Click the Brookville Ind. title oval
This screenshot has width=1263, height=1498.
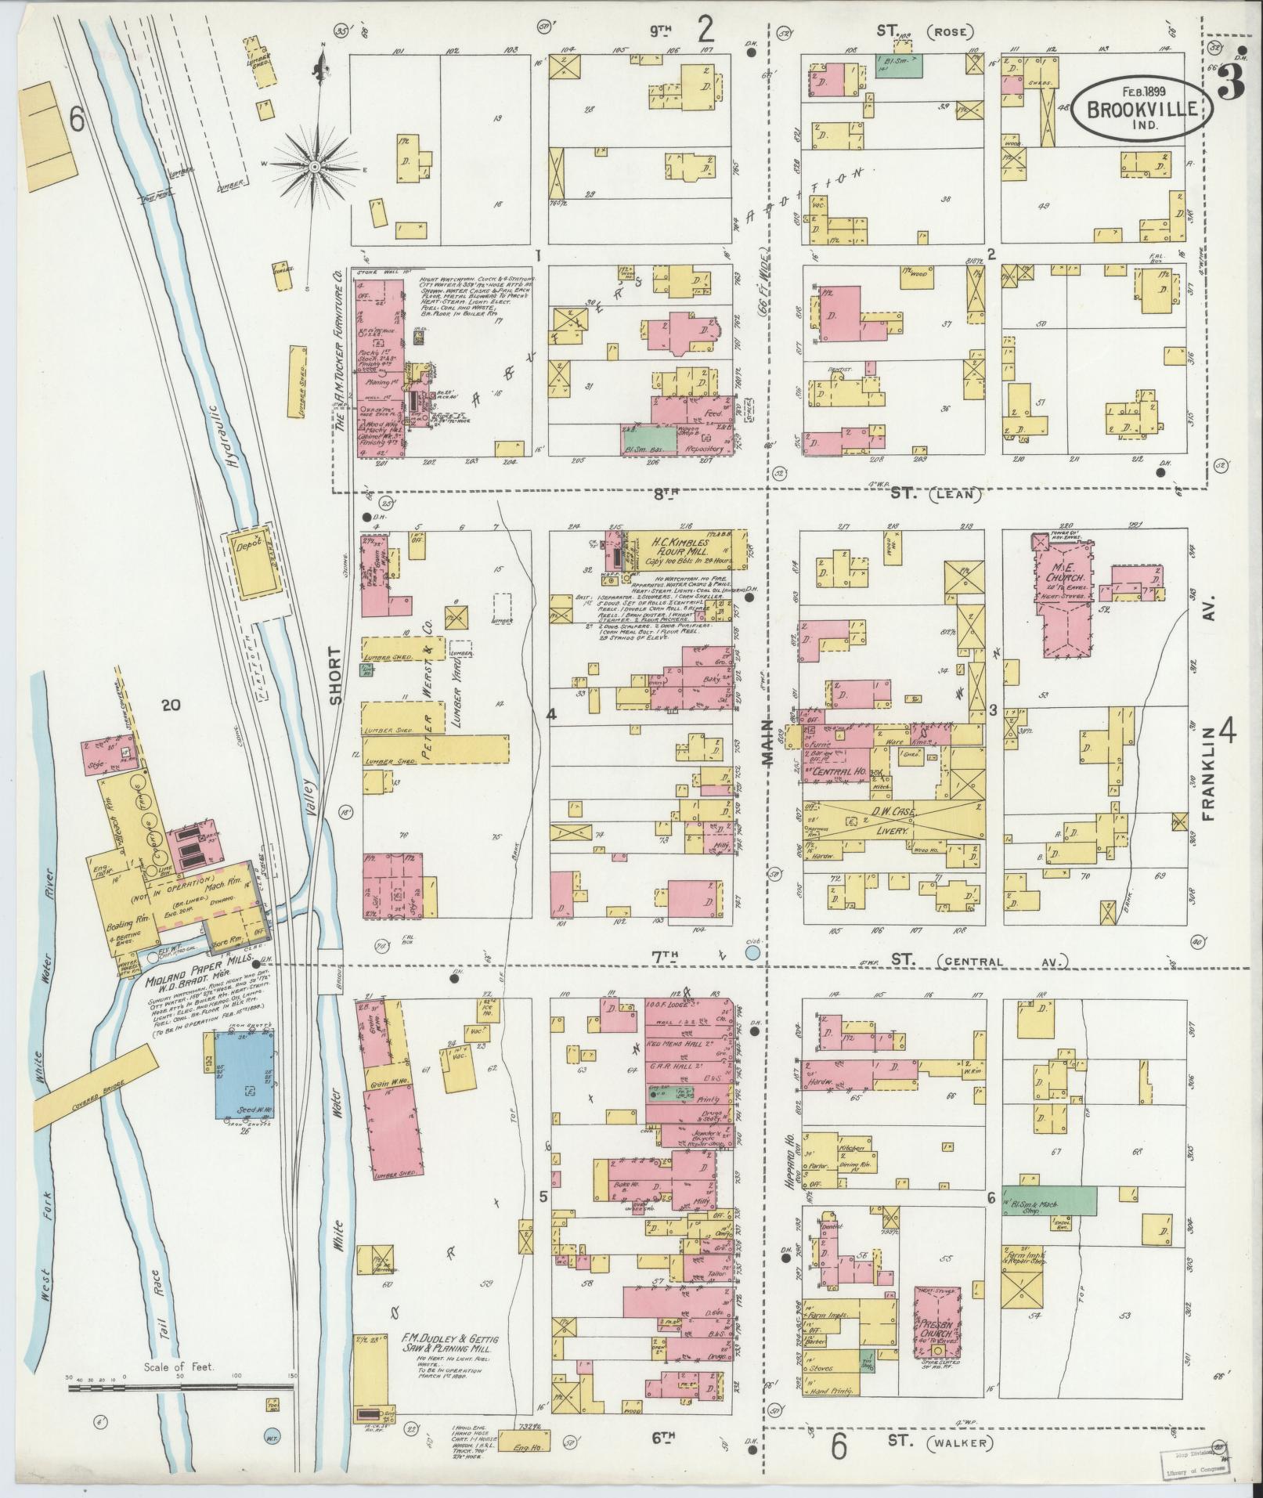click(x=1142, y=109)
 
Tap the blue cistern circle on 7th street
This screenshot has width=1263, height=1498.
click(x=752, y=952)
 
